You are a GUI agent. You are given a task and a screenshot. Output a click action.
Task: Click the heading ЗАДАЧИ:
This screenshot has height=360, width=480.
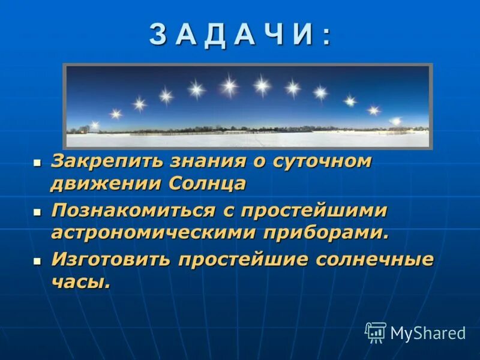pyautogui.click(x=240, y=35)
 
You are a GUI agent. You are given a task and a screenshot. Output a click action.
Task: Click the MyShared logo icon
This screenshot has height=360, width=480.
pyautogui.click(x=376, y=332)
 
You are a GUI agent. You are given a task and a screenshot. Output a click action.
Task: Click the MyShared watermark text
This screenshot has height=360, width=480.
pyautogui.click(x=428, y=333)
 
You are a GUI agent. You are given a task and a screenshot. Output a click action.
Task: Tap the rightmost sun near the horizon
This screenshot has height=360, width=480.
pyautogui.click(x=395, y=121)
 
